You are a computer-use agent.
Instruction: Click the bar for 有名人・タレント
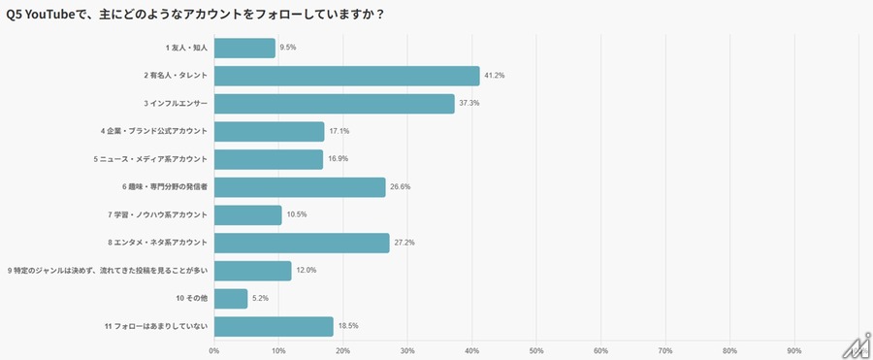[x=346, y=76]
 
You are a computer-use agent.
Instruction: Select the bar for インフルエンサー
[x=334, y=104]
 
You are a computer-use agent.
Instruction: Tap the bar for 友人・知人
[x=244, y=48]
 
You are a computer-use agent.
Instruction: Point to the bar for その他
[x=231, y=299]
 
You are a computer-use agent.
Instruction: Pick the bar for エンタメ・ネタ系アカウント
[x=302, y=243]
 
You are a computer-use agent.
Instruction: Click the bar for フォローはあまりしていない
[x=274, y=327]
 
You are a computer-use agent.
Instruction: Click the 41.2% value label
[x=495, y=76]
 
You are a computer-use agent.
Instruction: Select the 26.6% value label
[x=400, y=187]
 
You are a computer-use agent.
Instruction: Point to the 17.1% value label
[x=339, y=132]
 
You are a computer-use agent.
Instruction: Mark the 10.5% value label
[x=296, y=215]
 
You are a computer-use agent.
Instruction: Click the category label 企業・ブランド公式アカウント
[x=153, y=132]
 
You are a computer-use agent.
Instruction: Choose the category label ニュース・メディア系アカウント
[x=150, y=159]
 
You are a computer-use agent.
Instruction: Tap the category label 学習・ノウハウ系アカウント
[x=155, y=215]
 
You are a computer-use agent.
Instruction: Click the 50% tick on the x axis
[x=536, y=350]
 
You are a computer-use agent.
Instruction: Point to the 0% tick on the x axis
[x=214, y=350]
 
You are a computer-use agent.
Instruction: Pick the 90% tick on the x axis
[x=794, y=350]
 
